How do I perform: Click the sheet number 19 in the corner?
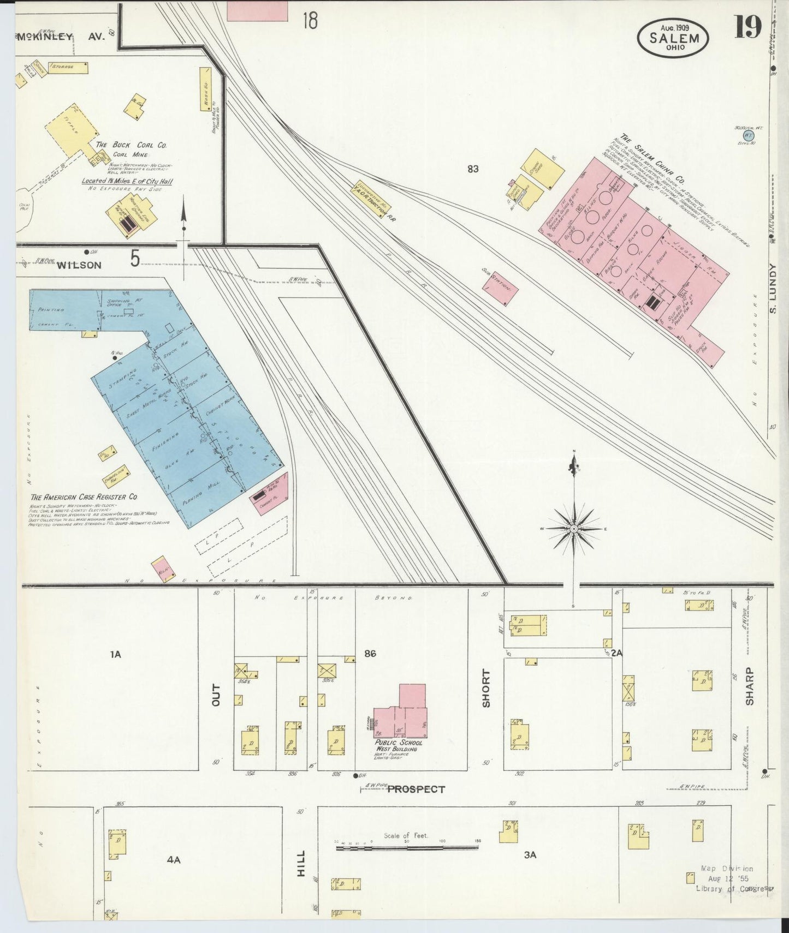click(x=748, y=27)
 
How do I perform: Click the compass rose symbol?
click(x=574, y=529)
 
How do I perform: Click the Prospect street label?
click(x=416, y=789)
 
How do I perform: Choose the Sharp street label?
click(x=750, y=693)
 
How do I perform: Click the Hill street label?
click(x=301, y=878)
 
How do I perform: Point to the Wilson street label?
click(x=79, y=265)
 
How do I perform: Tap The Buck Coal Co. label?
click(x=131, y=145)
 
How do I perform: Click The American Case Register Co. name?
click(x=84, y=497)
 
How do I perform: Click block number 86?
click(x=371, y=653)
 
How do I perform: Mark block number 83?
click(x=473, y=169)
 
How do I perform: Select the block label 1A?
click(x=115, y=654)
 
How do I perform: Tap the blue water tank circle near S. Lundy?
click(x=749, y=134)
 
